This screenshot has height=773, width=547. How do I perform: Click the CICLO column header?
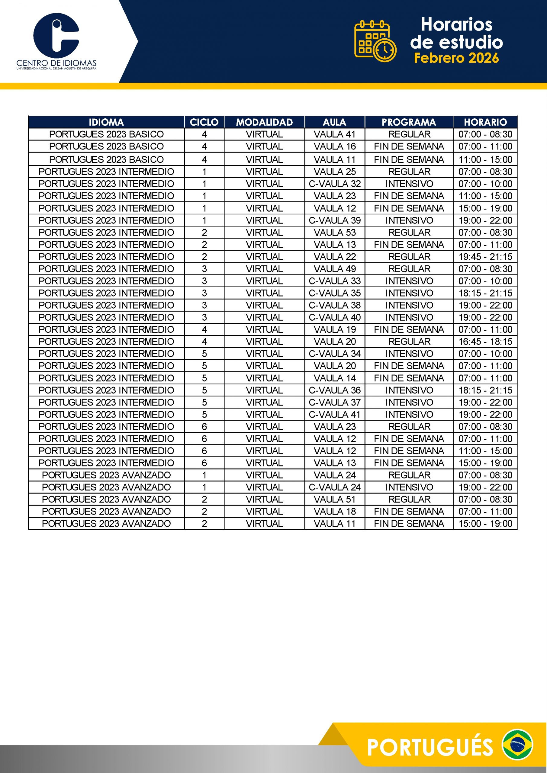204,122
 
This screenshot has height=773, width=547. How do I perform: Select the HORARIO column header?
485,122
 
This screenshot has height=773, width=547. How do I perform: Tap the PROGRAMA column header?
409,122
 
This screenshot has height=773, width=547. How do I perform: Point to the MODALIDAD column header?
264,122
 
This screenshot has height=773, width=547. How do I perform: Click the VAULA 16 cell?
334,146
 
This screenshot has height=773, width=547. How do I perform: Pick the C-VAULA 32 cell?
334,184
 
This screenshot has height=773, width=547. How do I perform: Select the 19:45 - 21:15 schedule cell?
485,257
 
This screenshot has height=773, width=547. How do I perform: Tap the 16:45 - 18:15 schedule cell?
485,342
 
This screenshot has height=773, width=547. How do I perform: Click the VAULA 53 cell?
334,232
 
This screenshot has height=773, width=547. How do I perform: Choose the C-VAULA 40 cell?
334,317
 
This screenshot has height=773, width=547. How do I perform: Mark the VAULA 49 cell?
334,269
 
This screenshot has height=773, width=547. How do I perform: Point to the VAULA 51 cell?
334,499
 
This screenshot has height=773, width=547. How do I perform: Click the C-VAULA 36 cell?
334,390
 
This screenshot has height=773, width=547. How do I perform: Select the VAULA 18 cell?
334,512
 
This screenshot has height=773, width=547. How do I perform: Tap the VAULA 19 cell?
334,329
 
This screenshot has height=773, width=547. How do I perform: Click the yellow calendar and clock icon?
375,41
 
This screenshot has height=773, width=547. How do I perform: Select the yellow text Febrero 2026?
456,58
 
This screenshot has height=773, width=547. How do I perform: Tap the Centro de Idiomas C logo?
56,35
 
